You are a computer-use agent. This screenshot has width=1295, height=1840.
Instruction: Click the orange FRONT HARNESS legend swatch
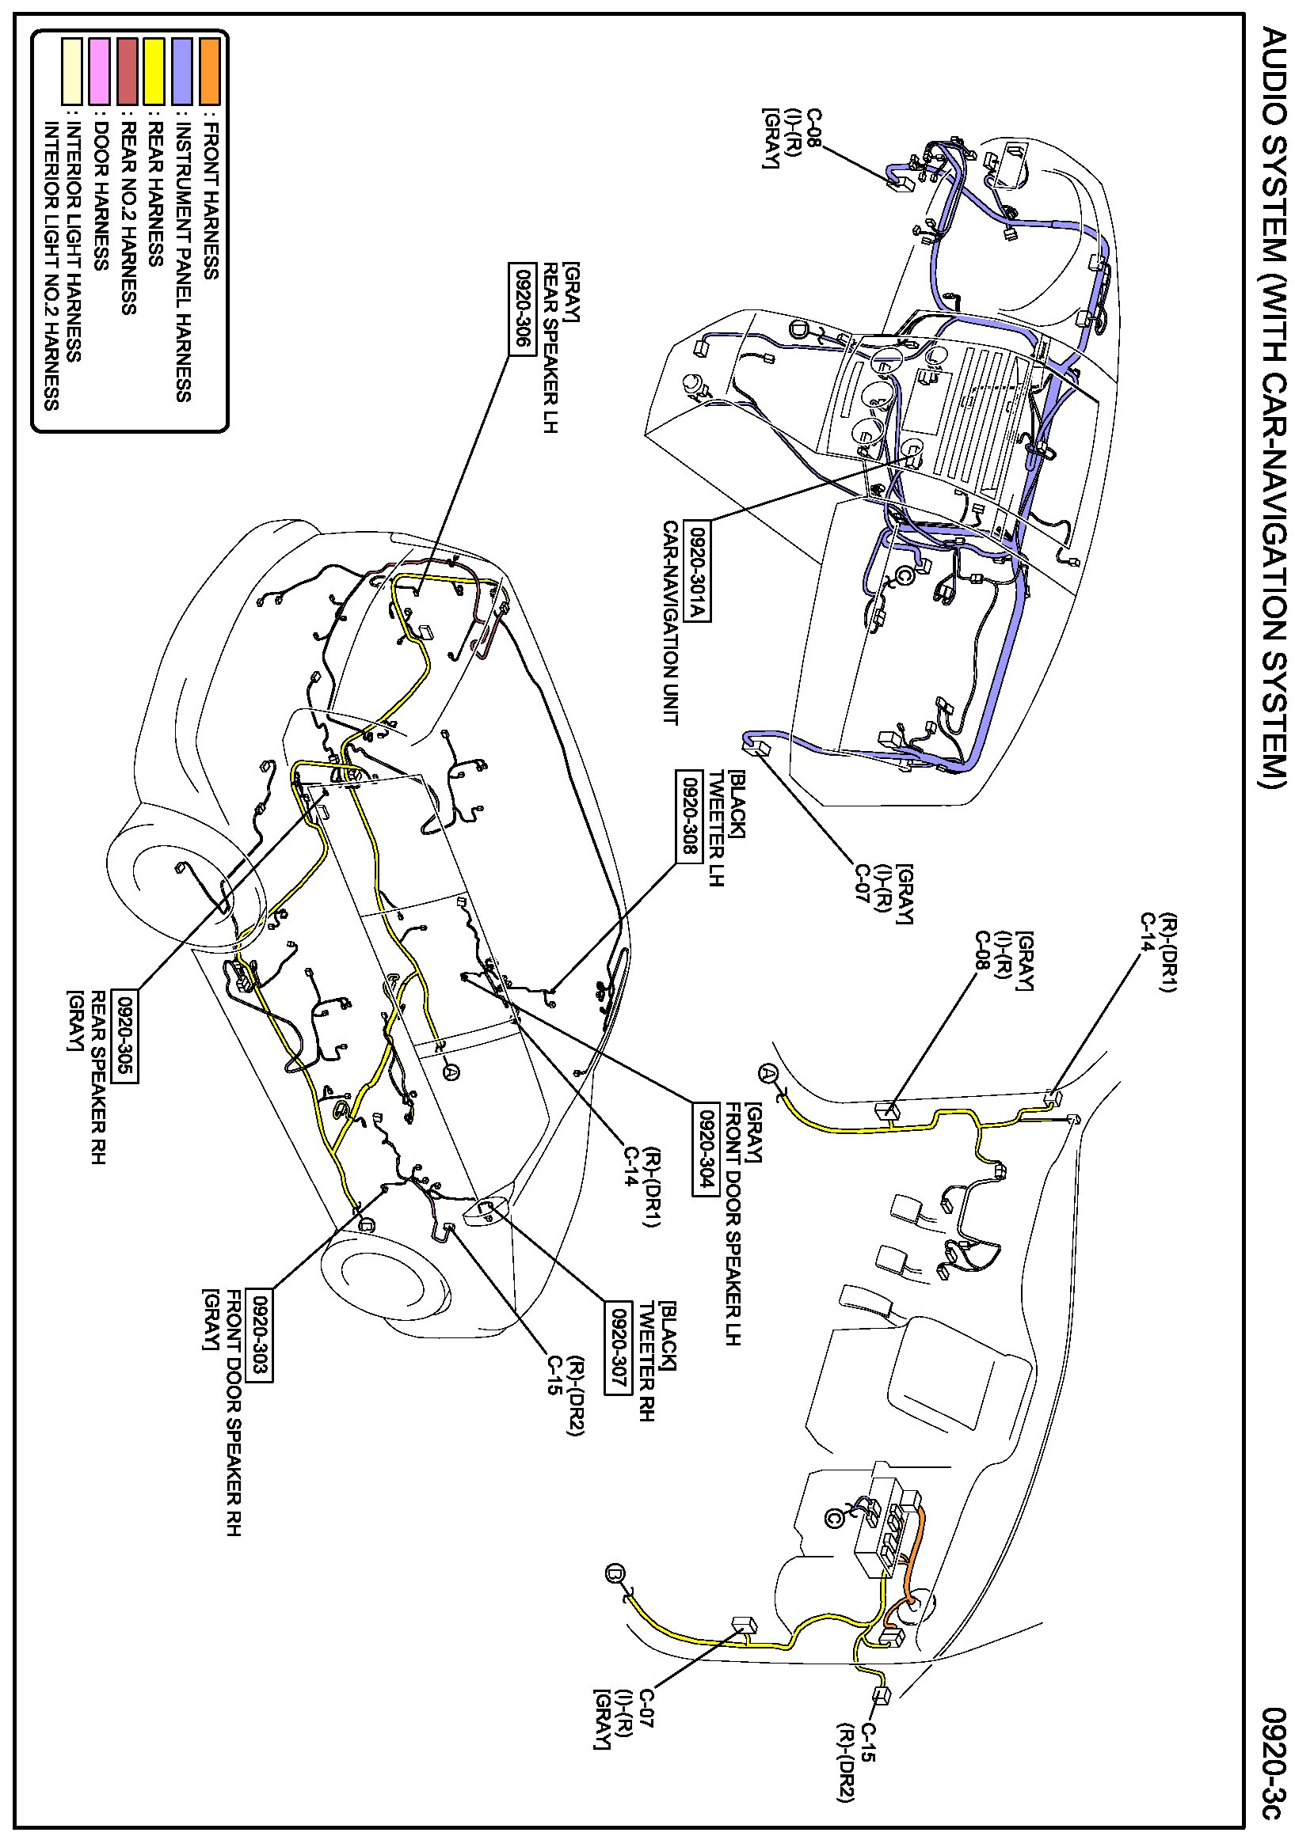point(210,70)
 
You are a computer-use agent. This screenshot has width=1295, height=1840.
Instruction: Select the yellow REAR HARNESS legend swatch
point(154,70)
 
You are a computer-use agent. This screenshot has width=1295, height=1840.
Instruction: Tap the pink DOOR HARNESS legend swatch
point(101,70)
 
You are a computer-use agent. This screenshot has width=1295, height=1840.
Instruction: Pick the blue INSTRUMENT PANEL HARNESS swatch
point(182,70)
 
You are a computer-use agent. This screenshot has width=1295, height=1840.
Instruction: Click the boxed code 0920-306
point(521,306)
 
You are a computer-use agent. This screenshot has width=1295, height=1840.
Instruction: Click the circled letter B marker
point(615,1573)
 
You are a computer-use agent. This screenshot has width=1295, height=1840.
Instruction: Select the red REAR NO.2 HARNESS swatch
point(128,70)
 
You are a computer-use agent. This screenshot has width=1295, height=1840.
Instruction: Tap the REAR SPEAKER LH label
point(550,347)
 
